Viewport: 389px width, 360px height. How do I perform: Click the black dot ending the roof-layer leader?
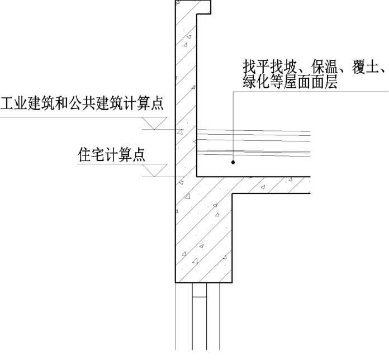(x=233, y=163)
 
